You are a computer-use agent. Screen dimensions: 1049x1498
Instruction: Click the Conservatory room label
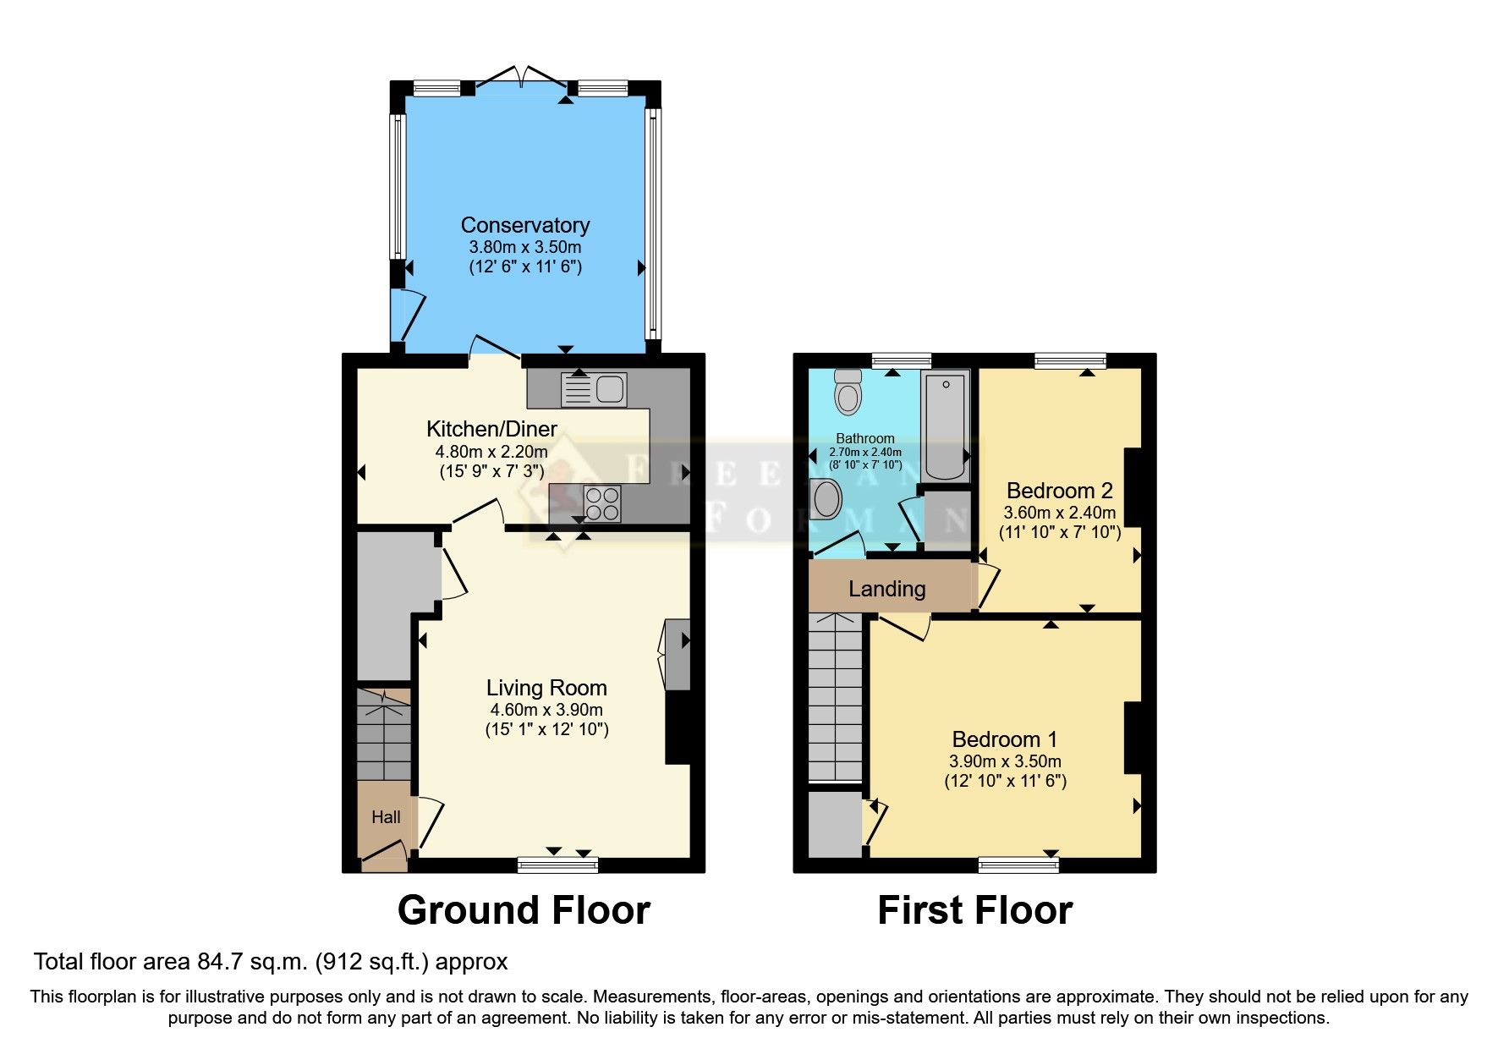(524, 225)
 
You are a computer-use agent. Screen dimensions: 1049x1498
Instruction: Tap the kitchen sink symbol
(594, 390)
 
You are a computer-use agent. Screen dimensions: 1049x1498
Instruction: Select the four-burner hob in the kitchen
(601, 503)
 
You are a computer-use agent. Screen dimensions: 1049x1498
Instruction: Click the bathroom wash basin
(826, 499)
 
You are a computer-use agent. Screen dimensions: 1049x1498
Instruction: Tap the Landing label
(886, 589)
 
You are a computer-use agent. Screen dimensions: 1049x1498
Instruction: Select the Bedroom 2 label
(1059, 491)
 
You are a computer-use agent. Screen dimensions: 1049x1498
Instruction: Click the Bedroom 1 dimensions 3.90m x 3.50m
(1005, 761)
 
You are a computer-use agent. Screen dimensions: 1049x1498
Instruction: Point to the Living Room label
(546, 688)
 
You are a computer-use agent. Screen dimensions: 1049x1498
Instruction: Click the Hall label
(386, 817)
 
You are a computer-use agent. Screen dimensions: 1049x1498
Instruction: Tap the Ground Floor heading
(524, 910)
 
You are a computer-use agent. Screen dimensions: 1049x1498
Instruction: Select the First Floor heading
(974, 910)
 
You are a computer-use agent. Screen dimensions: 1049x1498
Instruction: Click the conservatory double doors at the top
(523, 78)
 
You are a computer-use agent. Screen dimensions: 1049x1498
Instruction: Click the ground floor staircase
(383, 734)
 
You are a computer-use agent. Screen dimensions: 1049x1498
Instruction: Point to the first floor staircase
(835, 697)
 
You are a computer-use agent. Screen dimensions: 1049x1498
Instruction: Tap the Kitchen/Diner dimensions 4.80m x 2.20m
(491, 452)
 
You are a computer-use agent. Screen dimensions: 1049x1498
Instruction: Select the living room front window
(557, 864)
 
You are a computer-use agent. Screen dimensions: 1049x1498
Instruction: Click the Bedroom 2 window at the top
(1069, 361)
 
